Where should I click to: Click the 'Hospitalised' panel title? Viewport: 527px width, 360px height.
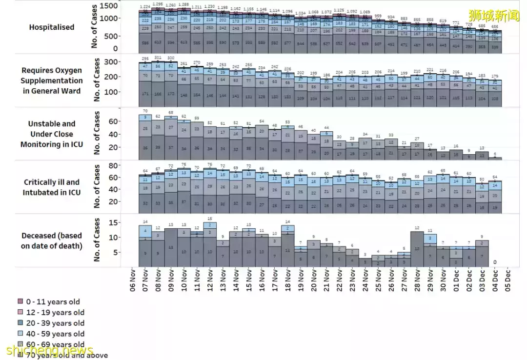tap(51, 27)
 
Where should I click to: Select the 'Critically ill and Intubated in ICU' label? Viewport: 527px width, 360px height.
tap(51, 187)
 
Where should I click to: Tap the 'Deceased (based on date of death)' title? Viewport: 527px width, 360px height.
tap(51, 240)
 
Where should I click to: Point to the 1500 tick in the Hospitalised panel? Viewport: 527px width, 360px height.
tap(109, 6)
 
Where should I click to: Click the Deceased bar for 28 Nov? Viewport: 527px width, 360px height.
tap(417, 249)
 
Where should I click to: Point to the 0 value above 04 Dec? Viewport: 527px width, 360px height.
tap(495, 262)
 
